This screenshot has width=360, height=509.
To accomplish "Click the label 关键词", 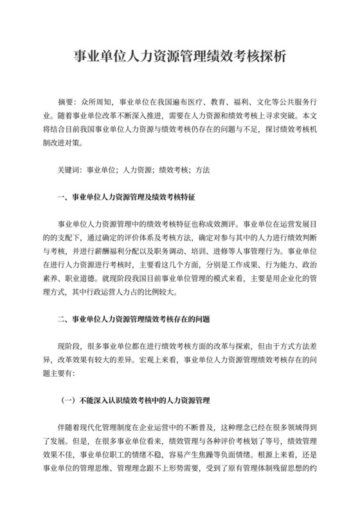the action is [68, 172].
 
